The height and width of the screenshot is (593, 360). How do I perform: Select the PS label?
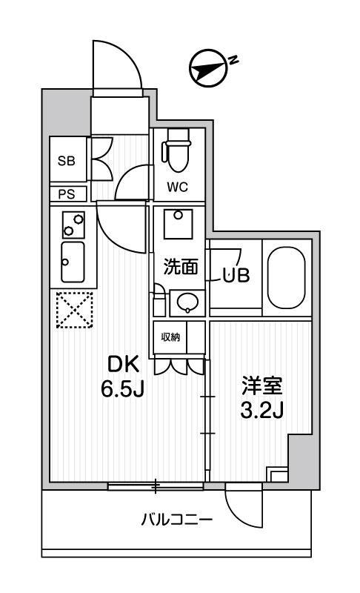(x=67, y=194)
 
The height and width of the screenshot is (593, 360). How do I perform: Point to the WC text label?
(x=176, y=187)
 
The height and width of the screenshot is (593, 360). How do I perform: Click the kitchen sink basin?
(x=73, y=263)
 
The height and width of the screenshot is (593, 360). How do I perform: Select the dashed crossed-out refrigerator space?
(x=73, y=310)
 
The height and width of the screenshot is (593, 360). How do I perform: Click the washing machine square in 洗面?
(x=177, y=223)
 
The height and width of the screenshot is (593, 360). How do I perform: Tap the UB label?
(x=238, y=274)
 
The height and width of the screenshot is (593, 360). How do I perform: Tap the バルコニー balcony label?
(x=177, y=519)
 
